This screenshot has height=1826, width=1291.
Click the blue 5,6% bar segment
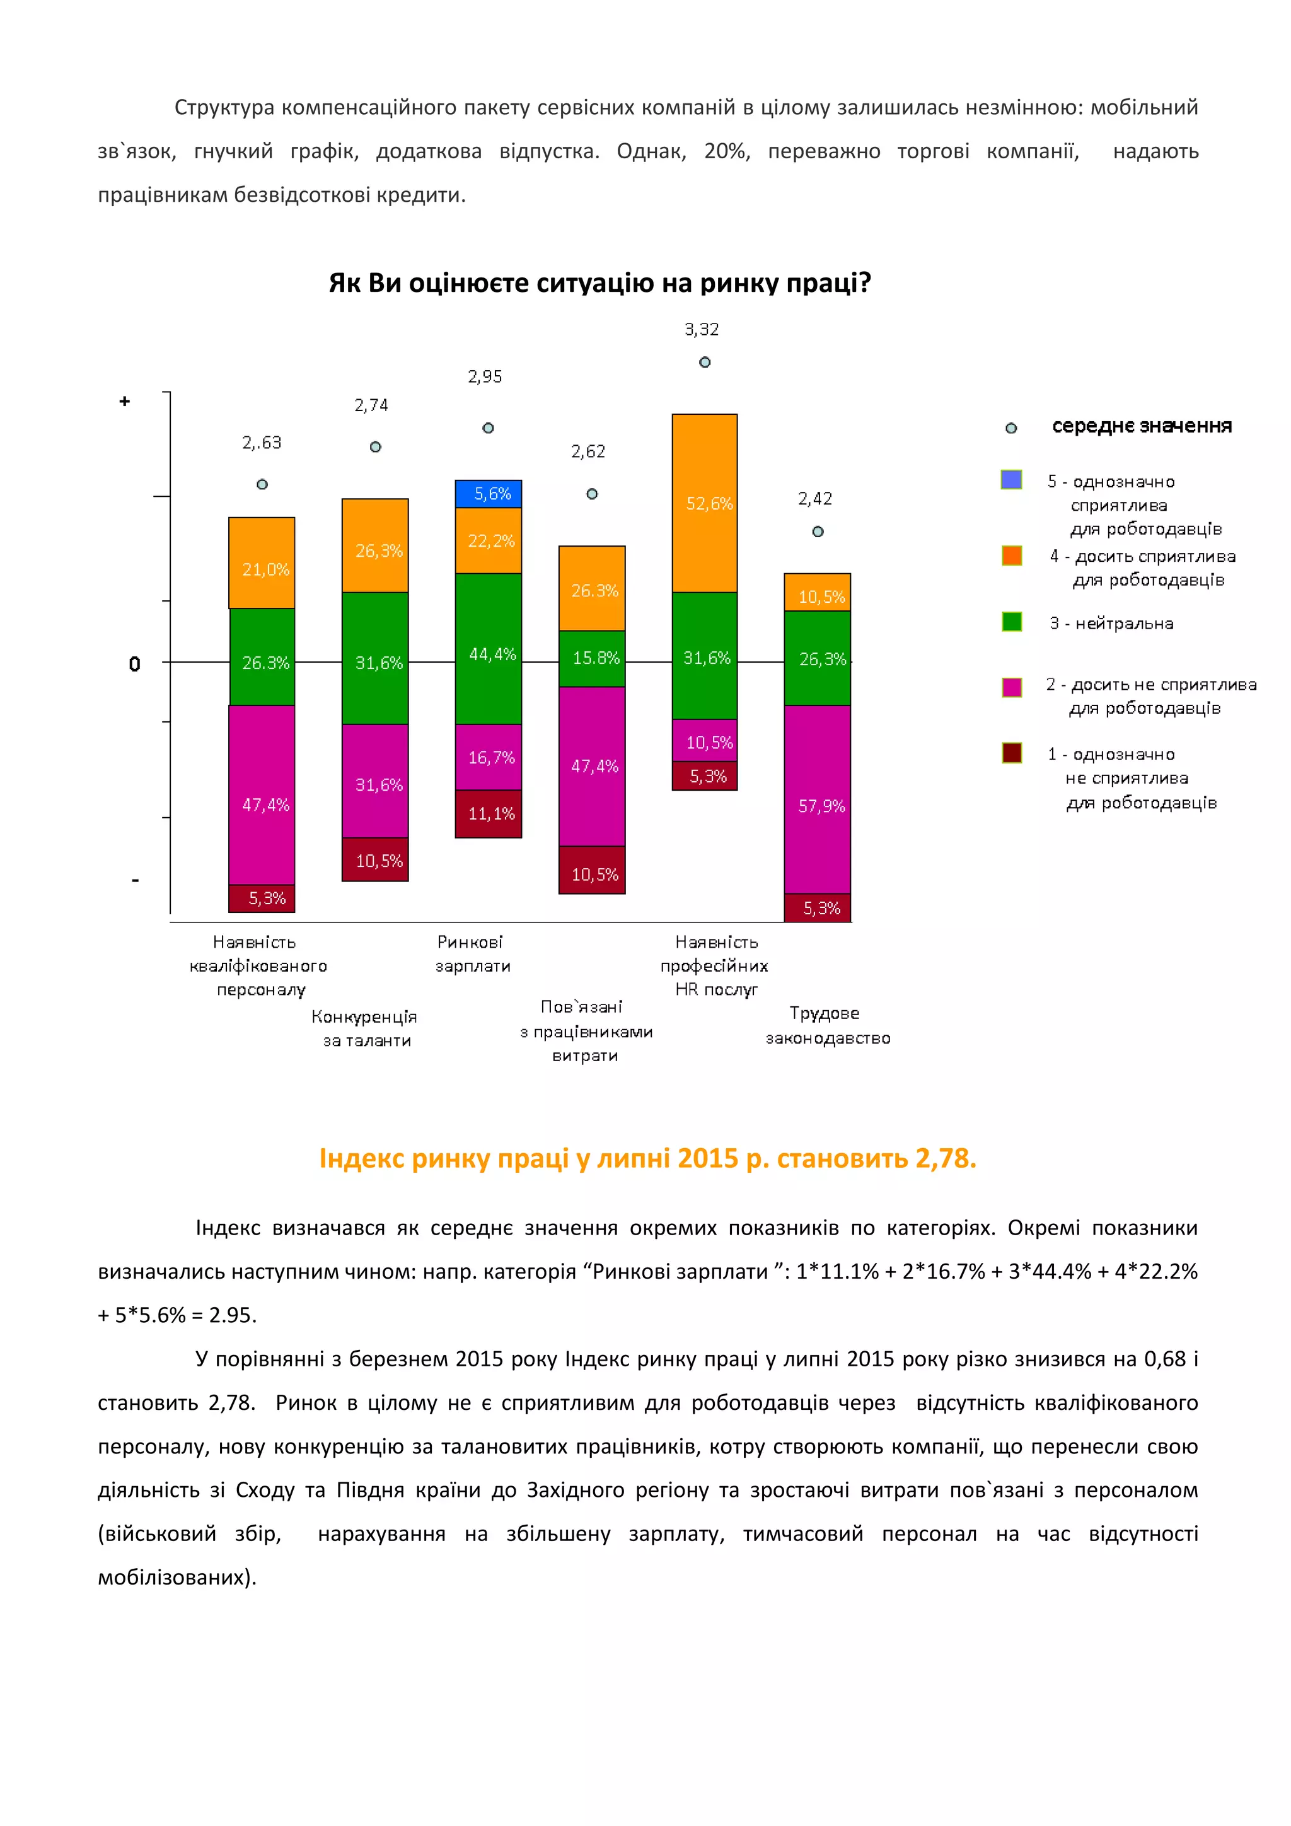[488, 494]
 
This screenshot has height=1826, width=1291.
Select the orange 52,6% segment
[704, 503]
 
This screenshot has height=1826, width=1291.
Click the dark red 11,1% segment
[488, 813]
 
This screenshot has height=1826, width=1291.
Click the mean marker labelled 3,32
[704, 362]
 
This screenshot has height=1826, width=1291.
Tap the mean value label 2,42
[815, 499]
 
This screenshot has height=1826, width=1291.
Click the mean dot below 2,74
[375, 447]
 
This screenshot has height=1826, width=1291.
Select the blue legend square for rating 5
[1011, 480]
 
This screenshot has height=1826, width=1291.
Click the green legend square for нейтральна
[1011, 621]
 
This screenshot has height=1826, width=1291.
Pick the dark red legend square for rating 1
[1011, 752]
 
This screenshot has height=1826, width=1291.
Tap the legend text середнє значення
[1142, 426]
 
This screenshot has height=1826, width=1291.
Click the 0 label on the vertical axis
[134, 664]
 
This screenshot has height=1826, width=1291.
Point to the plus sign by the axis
[125, 402]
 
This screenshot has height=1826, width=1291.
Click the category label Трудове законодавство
[827, 1025]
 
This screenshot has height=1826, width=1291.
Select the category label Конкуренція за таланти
[365, 1028]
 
